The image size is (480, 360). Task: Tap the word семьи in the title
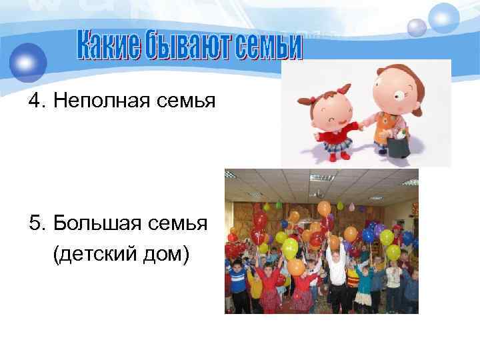coord(265,45)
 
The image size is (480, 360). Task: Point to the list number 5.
coord(35,221)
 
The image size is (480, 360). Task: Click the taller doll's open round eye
coord(405,91)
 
